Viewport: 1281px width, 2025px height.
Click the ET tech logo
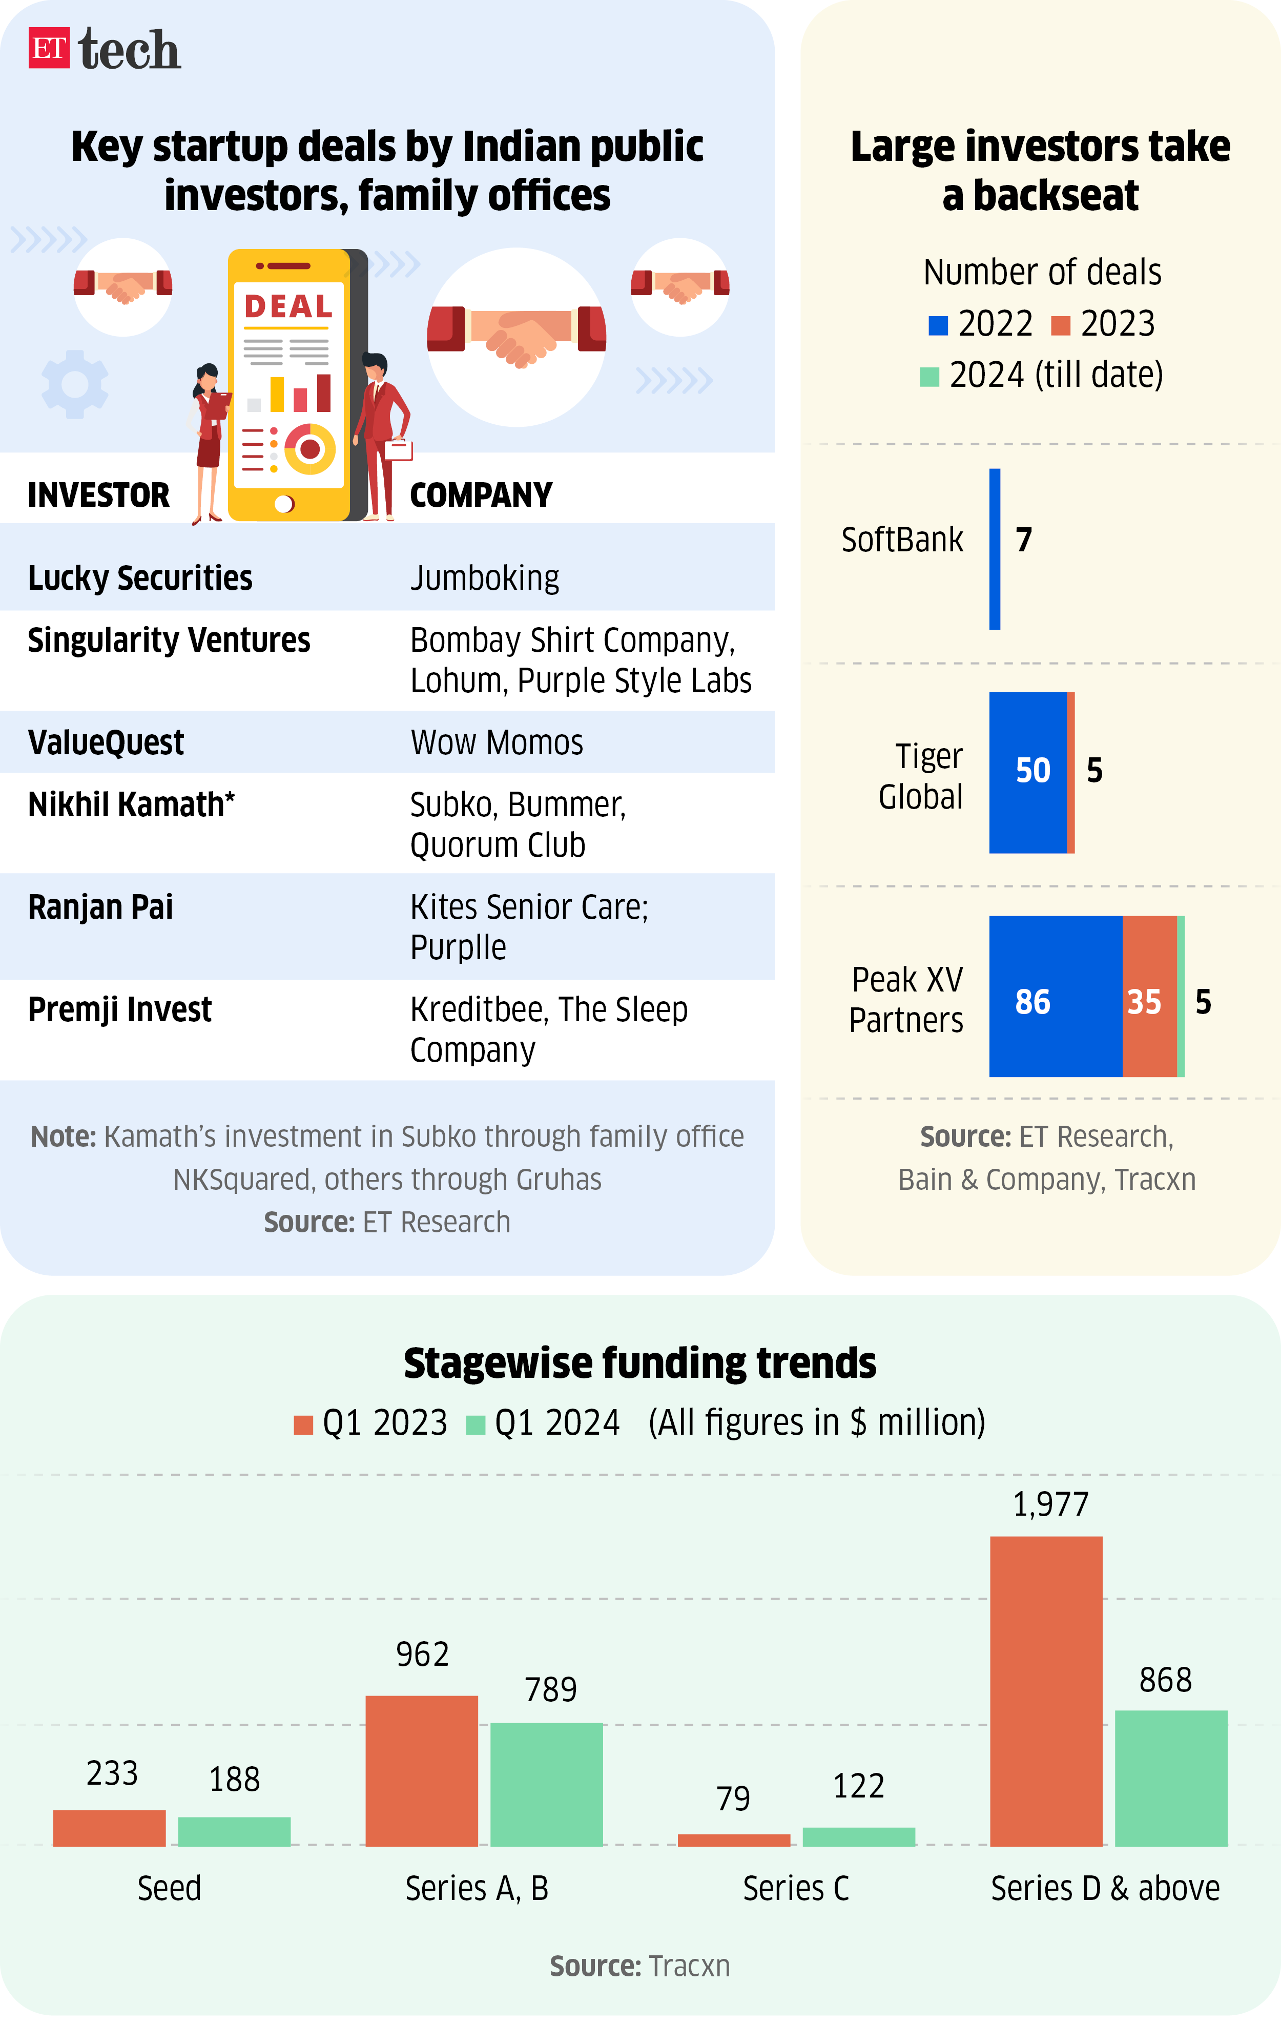pyautogui.click(x=105, y=50)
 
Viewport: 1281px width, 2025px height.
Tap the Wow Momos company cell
pyautogui.click(x=496, y=742)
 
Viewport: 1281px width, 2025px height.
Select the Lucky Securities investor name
pyautogui.click(x=139, y=578)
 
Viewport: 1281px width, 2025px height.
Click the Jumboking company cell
pyautogui.click(x=485, y=578)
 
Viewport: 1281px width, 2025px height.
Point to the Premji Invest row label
pyautogui.click(x=119, y=1009)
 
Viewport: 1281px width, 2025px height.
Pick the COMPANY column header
pyautogui.click(x=480, y=495)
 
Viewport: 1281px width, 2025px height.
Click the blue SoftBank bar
pyautogui.click(x=994, y=548)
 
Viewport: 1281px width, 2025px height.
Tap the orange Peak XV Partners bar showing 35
pyautogui.click(x=1149, y=996)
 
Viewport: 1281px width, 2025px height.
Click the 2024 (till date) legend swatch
pyautogui.click(x=928, y=377)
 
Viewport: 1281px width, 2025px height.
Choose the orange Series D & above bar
pyautogui.click(x=1045, y=1690)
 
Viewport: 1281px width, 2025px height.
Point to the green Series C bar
pyautogui.click(x=858, y=1836)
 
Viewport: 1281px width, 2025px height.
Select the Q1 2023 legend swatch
pyautogui.click(x=303, y=1424)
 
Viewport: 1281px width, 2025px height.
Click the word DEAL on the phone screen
pyautogui.click(x=287, y=306)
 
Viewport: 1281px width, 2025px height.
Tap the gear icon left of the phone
pyautogui.click(x=75, y=384)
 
